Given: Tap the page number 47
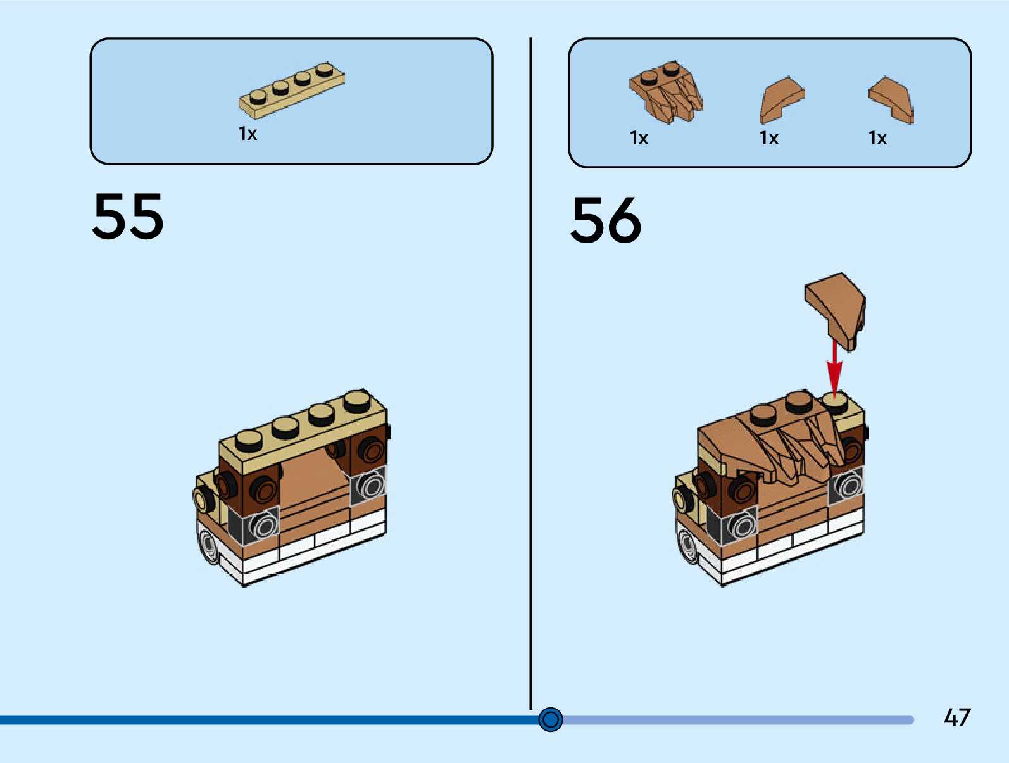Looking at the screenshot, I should (x=956, y=717).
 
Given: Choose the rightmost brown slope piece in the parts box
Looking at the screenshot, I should (x=891, y=99).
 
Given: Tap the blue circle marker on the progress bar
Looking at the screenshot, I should (x=551, y=719).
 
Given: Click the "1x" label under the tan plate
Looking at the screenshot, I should (x=248, y=134).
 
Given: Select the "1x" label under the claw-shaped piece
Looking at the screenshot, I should (x=639, y=138).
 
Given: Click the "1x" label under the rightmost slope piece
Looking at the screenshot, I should (x=877, y=138).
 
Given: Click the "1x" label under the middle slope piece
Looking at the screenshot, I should (x=768, y=138).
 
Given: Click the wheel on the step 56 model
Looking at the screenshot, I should (x=687, y=546).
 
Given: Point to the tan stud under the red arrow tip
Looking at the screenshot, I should (x=836, y=401).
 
